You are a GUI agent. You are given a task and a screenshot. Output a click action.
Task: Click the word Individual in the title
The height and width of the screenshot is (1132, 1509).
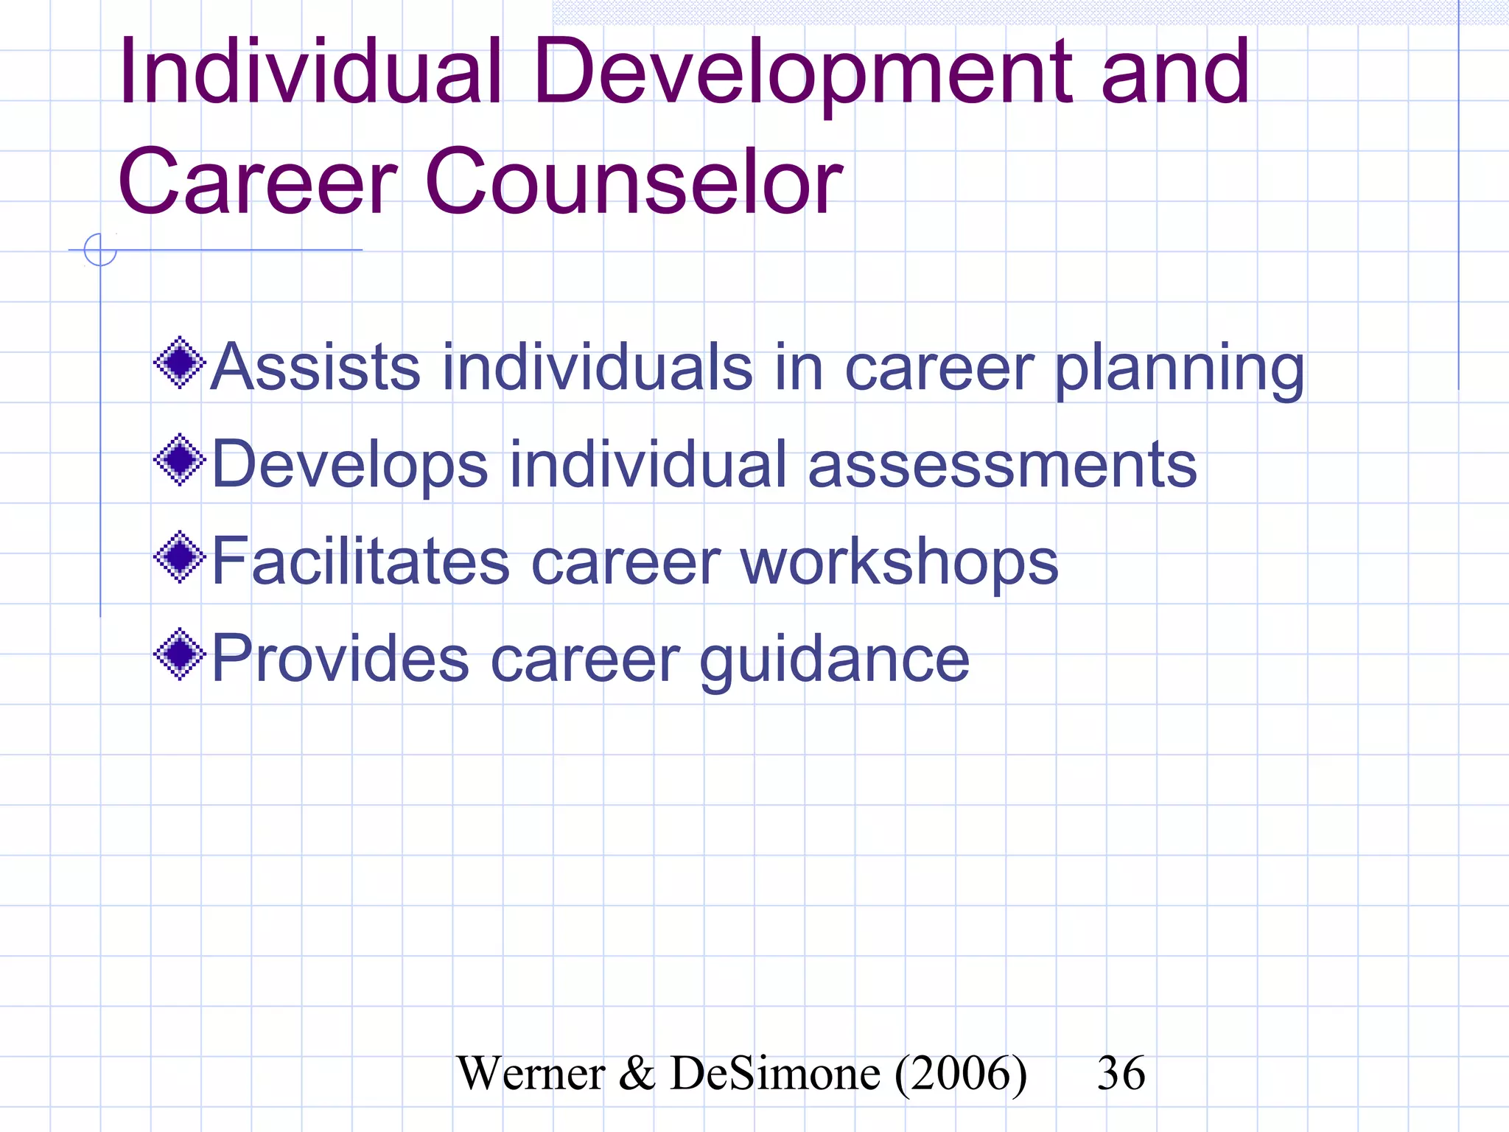tap(309, 72)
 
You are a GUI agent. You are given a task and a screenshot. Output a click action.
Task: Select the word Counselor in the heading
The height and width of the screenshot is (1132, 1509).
tap(634, 182)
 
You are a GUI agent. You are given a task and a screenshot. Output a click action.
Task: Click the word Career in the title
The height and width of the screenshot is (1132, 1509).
tap(258, 182)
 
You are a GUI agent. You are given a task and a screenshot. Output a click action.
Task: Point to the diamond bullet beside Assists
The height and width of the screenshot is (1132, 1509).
tap(179, 363)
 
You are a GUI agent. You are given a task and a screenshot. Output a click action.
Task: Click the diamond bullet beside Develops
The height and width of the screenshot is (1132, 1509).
tap(179, 460)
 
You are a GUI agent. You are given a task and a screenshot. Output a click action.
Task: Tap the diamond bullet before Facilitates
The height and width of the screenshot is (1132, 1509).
tap(179, 557)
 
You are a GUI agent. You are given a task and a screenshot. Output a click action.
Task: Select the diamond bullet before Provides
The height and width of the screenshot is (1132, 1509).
tap(179, 654)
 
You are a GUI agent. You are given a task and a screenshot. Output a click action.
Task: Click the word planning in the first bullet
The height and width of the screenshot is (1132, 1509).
tap(1179, 368)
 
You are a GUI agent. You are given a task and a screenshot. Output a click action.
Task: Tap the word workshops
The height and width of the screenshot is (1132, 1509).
tap(899, 562)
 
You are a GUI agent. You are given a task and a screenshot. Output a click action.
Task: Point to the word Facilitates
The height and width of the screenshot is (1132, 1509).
tap(361, 562)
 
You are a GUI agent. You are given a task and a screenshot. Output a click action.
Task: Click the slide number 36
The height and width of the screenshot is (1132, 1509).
tap(1121, 1073)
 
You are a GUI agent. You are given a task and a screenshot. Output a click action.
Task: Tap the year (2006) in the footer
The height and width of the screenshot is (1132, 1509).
tap(961, 1074)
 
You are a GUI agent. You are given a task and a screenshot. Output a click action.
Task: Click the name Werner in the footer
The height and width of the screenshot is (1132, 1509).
tap(531, 1074)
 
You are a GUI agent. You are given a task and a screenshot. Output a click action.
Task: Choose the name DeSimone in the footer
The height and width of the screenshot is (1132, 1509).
tap(775, 1074)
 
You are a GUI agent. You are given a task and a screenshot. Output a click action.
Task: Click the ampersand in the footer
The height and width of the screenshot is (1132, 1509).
tap(637, 1074)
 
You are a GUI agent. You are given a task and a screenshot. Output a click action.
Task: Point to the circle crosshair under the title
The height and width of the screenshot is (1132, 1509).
tap(100, 250)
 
